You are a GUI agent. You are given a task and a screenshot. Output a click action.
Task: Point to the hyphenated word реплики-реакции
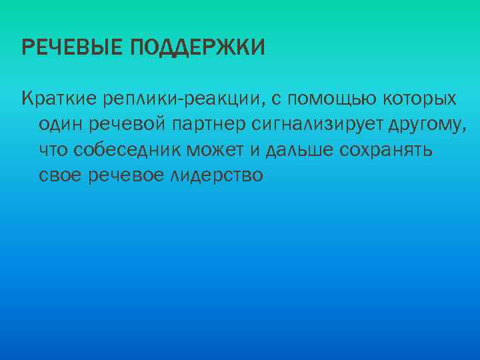point(181,99)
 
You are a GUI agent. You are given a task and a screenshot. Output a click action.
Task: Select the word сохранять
point(386,150)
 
